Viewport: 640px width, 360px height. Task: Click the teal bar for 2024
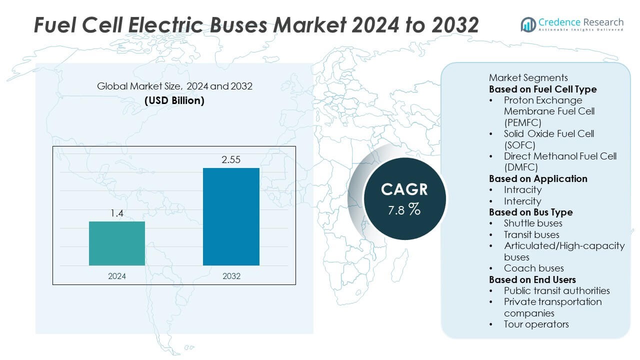point(117,243)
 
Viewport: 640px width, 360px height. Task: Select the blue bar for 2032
point(231,216)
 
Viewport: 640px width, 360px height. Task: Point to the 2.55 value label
point(231,160)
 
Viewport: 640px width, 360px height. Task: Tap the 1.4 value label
point(117,213)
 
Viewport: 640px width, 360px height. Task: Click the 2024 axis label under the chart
point(117,276)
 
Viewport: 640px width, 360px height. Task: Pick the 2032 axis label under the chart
point(231,276)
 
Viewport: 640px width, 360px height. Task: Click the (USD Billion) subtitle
point(174,100)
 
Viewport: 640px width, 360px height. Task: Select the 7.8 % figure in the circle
point(404,209)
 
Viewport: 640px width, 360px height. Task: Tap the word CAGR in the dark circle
point(404,189)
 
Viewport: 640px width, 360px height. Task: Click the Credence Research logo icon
point(528,24)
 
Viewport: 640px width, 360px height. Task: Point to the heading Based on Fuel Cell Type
point(542,89)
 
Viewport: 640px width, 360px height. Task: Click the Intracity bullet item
point(522,189)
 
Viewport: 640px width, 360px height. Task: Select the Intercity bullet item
point(522,201)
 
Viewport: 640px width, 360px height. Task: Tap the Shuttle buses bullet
point(533,223)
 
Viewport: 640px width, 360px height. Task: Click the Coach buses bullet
point(533,268)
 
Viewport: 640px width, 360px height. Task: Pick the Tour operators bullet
point(536,324)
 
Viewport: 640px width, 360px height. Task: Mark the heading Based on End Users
point(532,279)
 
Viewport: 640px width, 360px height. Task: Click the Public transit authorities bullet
point(556,290)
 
